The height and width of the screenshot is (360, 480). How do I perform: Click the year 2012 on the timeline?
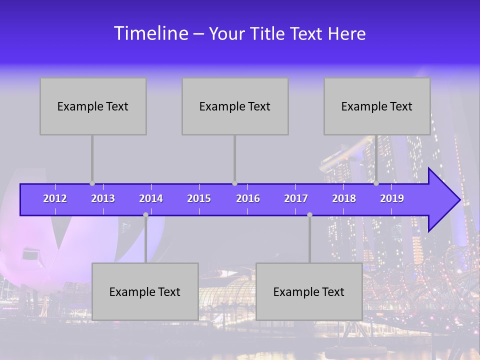pyautogui.click(x=55, y=198)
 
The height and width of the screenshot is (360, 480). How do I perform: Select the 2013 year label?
pyautogui.click(x=103, y=198)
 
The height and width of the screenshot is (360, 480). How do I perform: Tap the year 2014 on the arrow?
pyautogui.click(x=151, y=198)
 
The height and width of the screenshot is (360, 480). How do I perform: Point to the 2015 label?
pyautogui.click(x=199, y=198)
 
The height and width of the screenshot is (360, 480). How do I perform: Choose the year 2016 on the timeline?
pyautogui.click(x=248, y=198)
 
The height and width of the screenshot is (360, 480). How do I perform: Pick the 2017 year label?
pyautogui.click(x=296, y=198)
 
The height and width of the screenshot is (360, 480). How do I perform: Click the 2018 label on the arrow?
pyautogui.click(x=344, y=198)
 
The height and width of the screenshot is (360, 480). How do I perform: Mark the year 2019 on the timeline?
pyautogui.click(x=392, y=198)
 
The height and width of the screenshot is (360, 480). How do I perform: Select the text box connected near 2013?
pyautogui.click(x=93, y=106)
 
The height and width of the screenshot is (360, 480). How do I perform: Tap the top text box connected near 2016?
pyautogui.click(x=235, y=106)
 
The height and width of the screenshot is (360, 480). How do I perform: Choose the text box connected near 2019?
pyautogui.click(x=377, y=106)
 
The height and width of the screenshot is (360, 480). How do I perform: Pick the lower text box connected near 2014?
pyautogui.click(x=145, y=291)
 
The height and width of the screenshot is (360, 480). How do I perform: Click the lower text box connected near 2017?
pyautogui.click(x=309, y=291)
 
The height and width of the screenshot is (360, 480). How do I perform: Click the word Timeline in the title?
pyautogui.click(x=150, y=33)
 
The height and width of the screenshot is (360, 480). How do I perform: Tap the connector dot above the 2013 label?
pyautogui.click(x=92, y=183)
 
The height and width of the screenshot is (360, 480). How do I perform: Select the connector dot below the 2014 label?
pyautogui.click(x=145, y=214)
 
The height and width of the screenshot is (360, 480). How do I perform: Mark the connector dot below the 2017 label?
pyautogui.click(x=309, y=214)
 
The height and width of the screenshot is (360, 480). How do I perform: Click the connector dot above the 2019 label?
pyautogui.click(x=376, y=183)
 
